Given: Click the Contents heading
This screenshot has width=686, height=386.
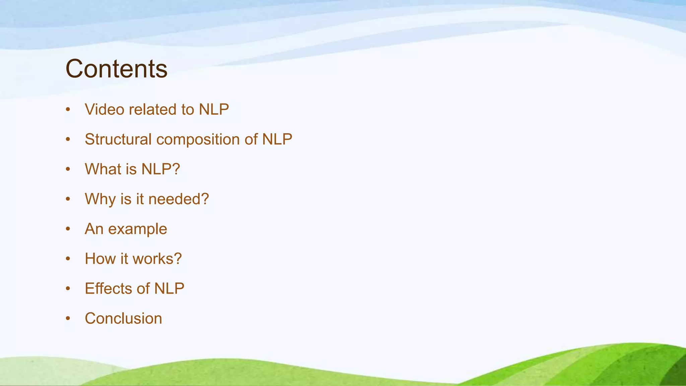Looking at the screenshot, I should pyautogui.click(x=116, y=69).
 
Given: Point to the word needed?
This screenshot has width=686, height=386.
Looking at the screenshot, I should pyautogui.click(x=179, y=199).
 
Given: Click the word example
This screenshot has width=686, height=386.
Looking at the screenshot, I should pyautogui.click(x=137, y=230).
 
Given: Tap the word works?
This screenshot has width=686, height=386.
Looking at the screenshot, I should pyautogui.click(x=157, y=259).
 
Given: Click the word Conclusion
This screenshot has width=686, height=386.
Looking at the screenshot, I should pyautogui.click(x=123, y=318).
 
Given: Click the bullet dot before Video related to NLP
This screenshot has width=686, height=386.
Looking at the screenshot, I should pyautogui.click(x=68, y=110).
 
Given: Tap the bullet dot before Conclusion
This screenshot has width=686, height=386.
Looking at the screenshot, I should pyautogui.click(x=68, y=319).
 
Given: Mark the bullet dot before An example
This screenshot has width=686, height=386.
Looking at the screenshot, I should pyautogui.click(x=68, y=229).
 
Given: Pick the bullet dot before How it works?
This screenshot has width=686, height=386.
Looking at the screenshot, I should pyautogui.click(x=68, y=259).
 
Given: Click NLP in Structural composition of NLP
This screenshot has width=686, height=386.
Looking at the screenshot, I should pyautogui.click(x=277, y=139).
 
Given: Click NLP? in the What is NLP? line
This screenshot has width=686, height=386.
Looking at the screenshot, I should pyautogui.click(x=160, y=169).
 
